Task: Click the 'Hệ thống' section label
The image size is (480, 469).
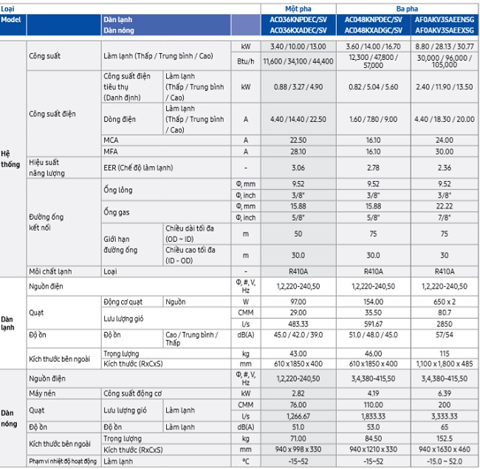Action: click(11, 159)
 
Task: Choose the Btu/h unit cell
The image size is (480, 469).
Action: click(246, 62)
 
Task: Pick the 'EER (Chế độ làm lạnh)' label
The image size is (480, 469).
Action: click(139, 168)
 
